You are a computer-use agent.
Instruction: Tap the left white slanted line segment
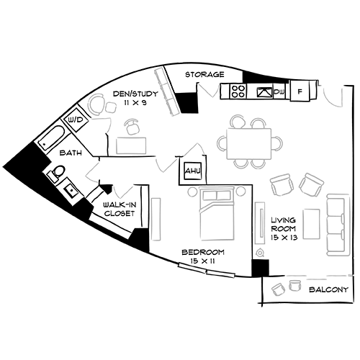(x=192, y=268)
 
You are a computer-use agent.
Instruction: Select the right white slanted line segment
(x=221, y=273)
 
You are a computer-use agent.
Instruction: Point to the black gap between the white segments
(x=207, y=271)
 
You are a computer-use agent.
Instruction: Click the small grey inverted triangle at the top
(x=211, y=93)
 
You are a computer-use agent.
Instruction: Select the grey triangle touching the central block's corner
(x=161, y=171)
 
